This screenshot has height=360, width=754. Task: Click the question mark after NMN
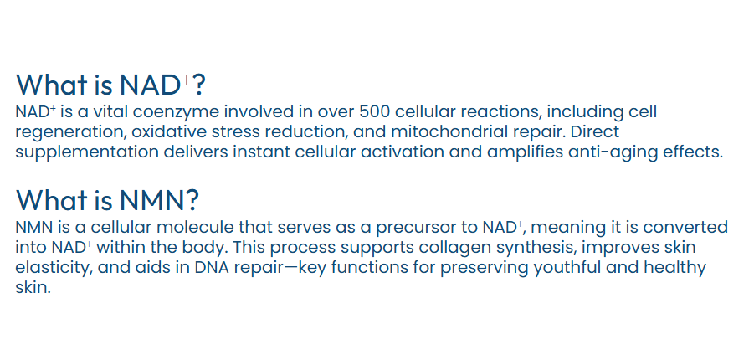coord(191,200)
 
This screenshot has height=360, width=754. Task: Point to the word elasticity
coord(54,268)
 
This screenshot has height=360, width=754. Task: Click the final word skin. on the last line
coord(33,288)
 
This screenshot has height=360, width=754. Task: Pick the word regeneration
coord(69,132)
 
